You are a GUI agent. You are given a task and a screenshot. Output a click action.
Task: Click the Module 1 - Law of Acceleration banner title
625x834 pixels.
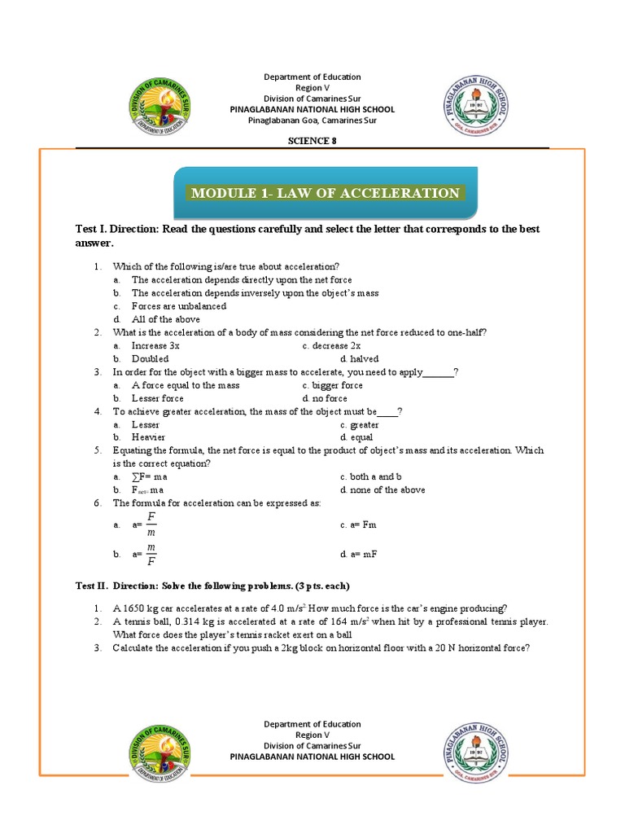(325, 193)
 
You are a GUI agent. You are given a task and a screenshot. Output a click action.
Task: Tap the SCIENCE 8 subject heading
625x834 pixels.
(312, 140)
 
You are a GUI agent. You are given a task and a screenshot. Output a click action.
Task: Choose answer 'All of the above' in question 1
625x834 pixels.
(165, 319)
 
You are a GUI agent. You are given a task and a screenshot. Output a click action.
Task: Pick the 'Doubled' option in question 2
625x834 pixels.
(150, 358)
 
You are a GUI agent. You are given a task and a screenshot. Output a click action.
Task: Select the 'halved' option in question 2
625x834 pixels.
(364, 358)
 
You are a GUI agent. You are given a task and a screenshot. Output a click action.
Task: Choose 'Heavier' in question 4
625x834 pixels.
(149, 437)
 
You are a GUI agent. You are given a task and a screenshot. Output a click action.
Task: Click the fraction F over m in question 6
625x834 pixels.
(151, 525)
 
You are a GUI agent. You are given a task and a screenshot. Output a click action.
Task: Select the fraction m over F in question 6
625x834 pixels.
(151, 554)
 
